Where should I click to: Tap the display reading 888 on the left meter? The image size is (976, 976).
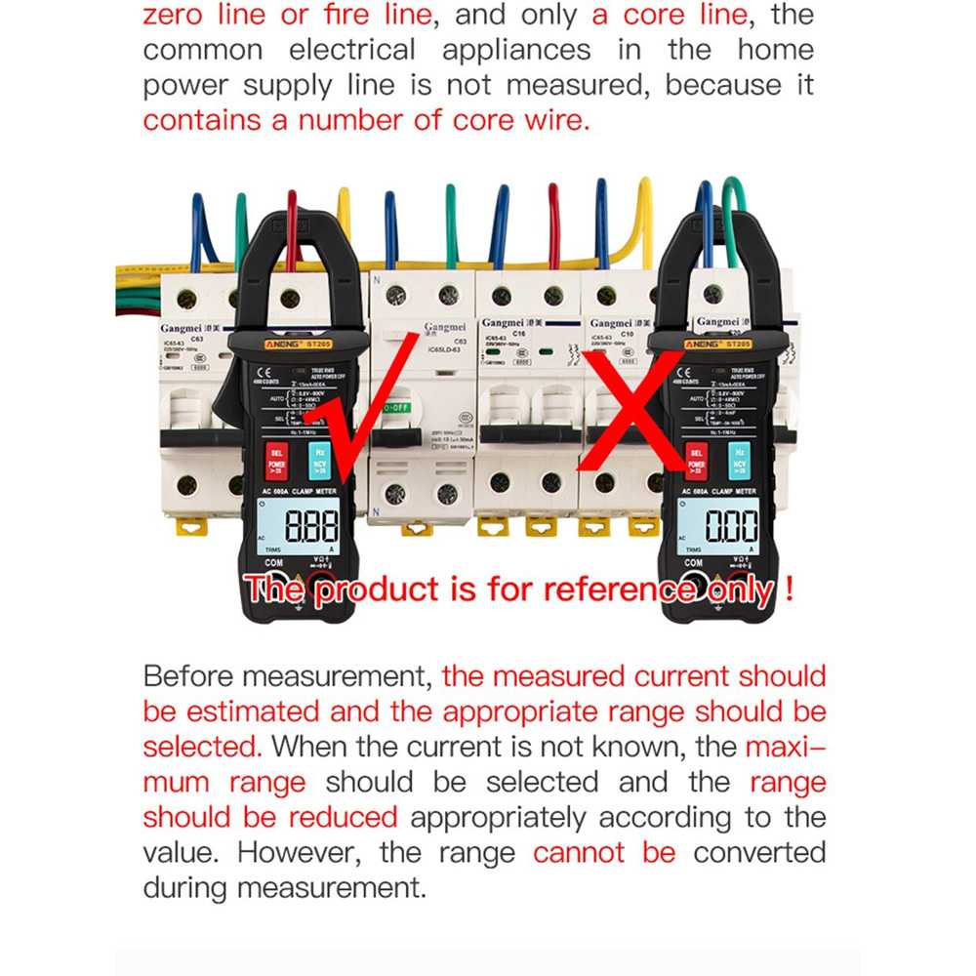point(311,528)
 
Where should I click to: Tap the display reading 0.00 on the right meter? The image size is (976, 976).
point(731,528)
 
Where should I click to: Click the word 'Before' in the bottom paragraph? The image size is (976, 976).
point(191,676)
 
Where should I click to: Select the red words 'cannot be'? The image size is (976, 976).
point(604,852)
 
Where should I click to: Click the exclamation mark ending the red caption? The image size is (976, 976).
point(788,590)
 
